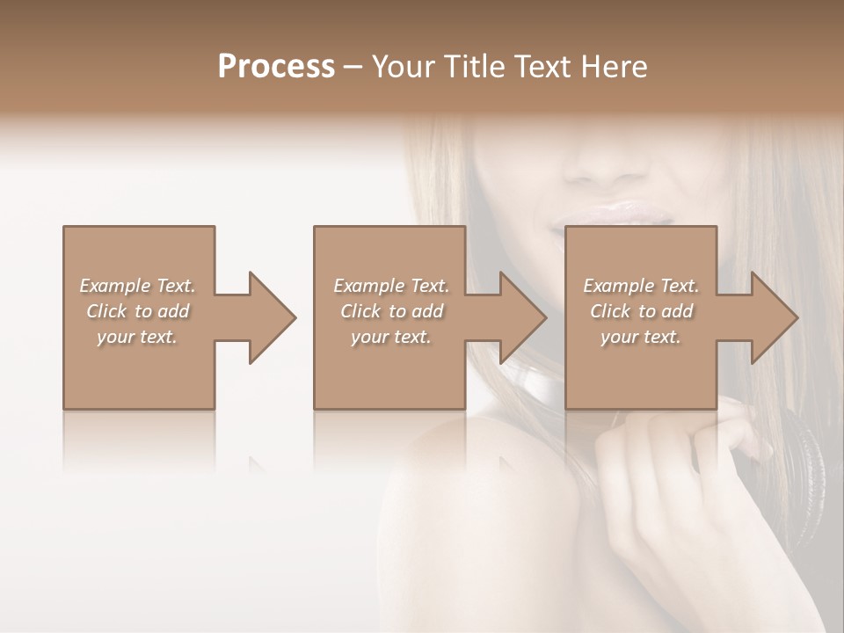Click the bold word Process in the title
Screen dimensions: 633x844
[276, 67]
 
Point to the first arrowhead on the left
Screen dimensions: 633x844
[267, 318]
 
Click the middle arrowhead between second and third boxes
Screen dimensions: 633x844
[518, 318]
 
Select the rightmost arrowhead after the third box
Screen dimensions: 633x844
[769, 318]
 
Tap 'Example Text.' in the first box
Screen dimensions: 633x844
[137, 286]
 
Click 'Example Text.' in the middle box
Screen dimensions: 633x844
[391, 286]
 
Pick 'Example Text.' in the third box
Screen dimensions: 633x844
[641, 286]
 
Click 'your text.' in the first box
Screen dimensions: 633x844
[137, 337]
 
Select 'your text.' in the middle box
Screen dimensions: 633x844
[391, 337]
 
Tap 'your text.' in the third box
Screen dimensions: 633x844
[641, 337]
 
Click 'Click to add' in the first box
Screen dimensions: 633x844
[137, 311]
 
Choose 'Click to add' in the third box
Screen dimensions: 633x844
[641, 311]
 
